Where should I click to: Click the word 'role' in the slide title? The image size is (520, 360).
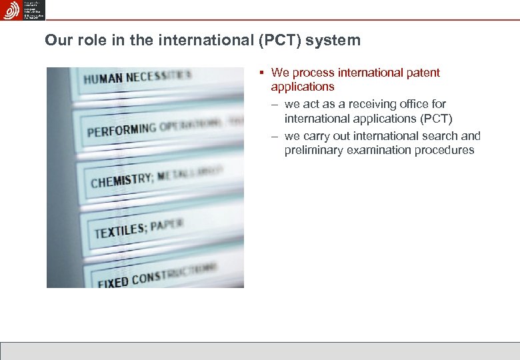[89, 40]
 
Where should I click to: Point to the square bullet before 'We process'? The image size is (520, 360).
[263, 72]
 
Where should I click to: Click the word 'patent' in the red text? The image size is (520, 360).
[421, 73]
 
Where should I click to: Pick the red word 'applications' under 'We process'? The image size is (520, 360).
[302, 87]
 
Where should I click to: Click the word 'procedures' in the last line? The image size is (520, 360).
[444, 150]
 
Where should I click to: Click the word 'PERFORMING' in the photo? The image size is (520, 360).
[121, 128]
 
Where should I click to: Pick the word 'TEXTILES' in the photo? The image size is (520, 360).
[120, 231]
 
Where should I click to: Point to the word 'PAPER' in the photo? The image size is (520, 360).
[166, 225]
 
